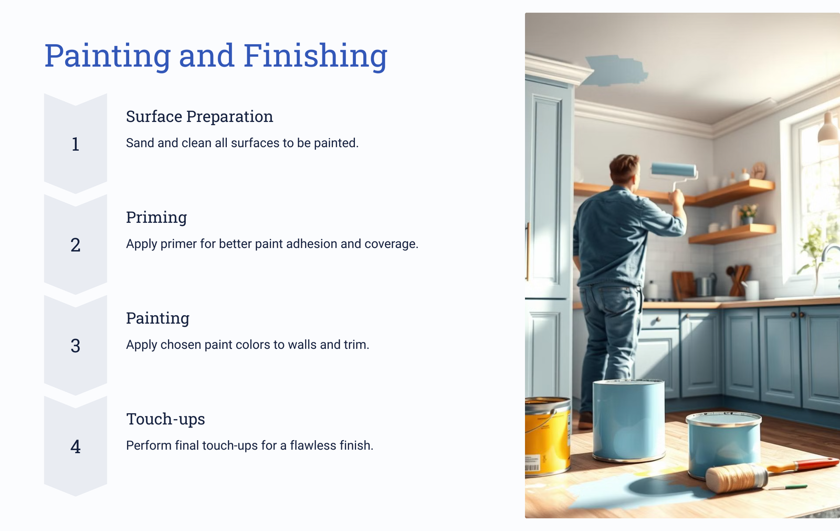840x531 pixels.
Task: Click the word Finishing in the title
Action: [315, 56]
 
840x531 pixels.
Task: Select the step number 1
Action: [76, 144]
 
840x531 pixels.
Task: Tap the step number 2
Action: [76, 245]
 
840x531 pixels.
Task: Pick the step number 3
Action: [76, 346]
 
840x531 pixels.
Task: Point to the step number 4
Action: [76, 446]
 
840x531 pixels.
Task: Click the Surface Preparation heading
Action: [199, 117]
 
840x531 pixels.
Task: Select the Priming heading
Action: [156, 217]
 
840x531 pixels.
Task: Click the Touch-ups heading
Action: [165, 419]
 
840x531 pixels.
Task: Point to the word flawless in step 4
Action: [313, 445]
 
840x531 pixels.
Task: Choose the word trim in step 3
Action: [356, 345]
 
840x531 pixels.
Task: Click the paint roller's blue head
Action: [674, 170]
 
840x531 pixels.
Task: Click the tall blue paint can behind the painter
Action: [628, 420]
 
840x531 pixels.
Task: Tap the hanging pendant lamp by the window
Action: [829, 129]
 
